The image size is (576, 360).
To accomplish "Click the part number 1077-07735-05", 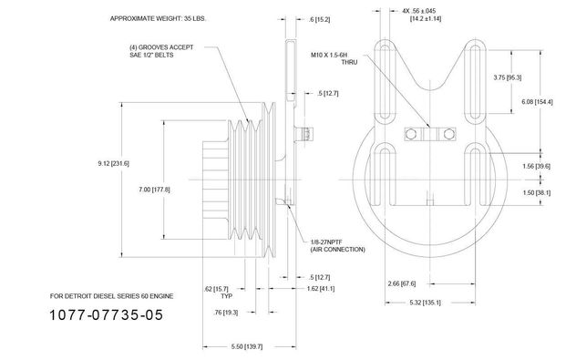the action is [106, 314].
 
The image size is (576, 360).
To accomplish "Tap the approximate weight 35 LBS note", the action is [158, 18].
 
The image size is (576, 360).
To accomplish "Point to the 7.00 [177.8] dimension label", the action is [154, 190].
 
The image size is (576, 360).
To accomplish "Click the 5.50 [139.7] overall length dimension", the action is [247, 346].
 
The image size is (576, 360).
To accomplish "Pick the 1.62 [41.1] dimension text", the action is [321, 288].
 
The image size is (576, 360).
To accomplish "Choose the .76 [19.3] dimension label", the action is [225, 313].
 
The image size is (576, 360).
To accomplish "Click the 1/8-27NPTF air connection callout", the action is [338, 246].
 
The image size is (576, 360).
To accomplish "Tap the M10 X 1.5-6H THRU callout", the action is [334, 58].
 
